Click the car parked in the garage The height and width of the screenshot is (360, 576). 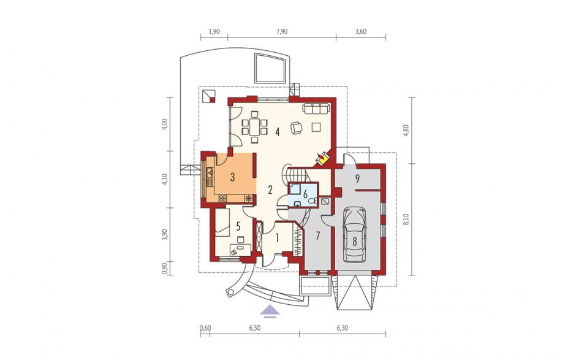355,234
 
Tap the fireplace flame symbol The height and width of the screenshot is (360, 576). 322,159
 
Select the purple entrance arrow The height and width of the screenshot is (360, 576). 270,311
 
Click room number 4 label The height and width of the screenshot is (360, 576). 278,132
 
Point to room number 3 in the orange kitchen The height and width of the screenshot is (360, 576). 232,177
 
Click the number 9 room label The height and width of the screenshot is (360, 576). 357,178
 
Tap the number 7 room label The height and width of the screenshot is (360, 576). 318,236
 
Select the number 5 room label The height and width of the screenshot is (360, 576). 238,226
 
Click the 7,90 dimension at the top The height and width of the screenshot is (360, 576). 282,32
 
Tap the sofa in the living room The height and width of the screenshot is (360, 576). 316,108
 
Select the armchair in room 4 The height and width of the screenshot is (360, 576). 296,128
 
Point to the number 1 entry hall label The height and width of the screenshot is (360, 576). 278,239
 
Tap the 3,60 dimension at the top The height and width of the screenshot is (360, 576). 361,32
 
